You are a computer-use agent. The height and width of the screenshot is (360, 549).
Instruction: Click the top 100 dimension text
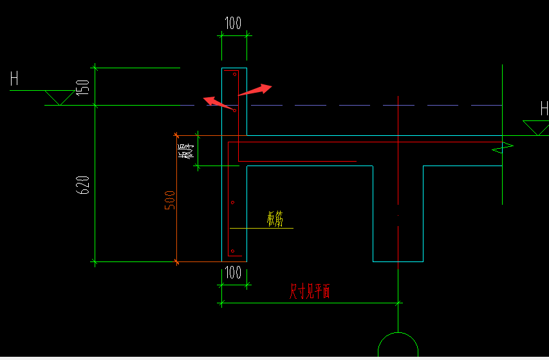pos(233,23)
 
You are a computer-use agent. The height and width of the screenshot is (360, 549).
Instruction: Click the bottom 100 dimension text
pos(233,272)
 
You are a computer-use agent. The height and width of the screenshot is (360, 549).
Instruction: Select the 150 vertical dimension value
pos(82,88)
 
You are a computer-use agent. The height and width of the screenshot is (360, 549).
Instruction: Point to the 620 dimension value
pos(82,185)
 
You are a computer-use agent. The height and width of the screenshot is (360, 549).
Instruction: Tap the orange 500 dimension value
pos(170,200)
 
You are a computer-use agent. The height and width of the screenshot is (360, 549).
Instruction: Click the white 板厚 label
pos(185,151)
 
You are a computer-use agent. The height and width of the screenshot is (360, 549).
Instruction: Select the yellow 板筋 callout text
pos(275,219)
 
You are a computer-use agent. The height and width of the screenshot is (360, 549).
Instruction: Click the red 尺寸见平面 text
pos(310,291)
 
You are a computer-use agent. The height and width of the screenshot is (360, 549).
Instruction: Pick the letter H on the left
pos(14,78)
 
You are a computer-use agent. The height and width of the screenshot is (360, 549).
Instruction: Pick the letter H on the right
pos(544,108)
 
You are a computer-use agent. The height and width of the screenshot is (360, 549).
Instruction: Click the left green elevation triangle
pos(60,98)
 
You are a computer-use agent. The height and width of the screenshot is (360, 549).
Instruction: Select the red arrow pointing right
pos(256,90)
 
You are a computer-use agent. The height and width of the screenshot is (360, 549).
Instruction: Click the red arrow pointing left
pos(219,104)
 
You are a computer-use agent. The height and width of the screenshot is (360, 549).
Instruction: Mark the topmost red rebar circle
pos(234,74)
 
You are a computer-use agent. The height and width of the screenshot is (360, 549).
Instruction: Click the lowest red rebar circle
pos(232,251)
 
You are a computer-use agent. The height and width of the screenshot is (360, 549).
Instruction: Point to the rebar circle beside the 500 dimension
pos(232,202)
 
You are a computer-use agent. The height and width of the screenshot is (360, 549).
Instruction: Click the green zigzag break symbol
pos(503,147)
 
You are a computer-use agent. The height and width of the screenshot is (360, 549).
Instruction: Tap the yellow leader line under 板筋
pos(261,229)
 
